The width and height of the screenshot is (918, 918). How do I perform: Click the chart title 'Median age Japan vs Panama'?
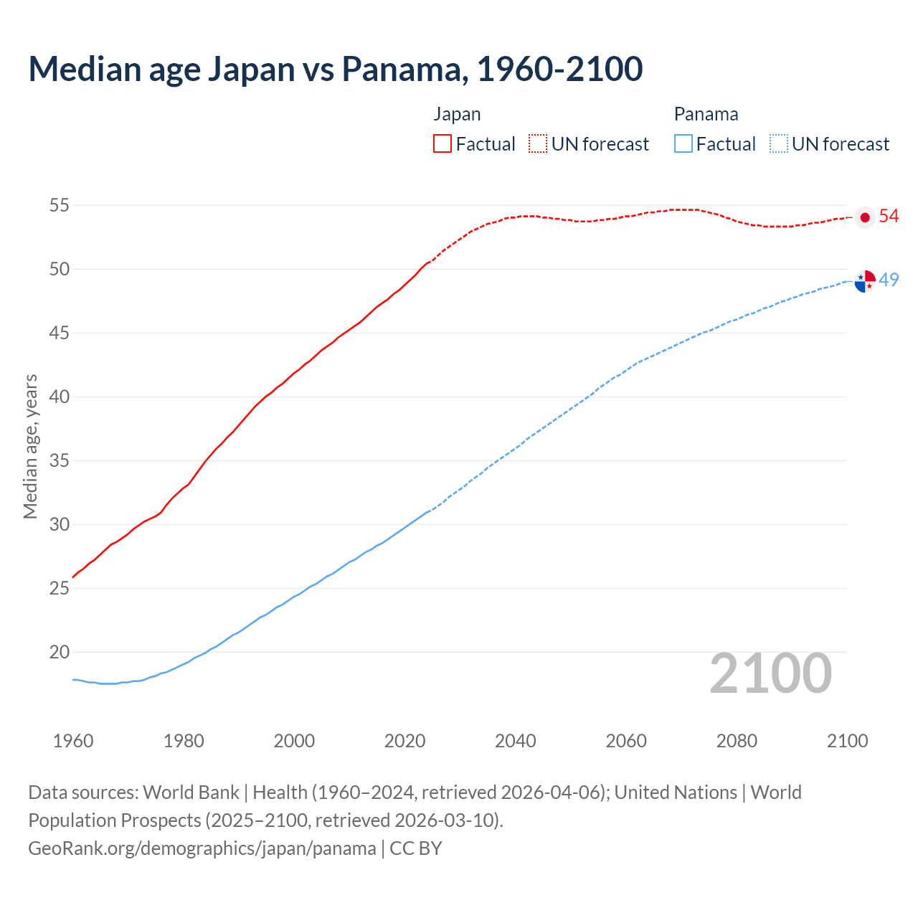(335, 69)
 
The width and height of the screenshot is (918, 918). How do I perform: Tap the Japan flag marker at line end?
(865, 217)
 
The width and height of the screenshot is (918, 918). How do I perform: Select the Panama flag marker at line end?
(865, 281)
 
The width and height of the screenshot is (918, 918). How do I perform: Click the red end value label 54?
(889, 216)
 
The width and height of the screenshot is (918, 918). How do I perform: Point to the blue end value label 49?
(889, 280)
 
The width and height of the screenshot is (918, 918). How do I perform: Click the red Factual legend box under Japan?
(443, 143)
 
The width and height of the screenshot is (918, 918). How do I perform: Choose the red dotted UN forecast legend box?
(538, 143)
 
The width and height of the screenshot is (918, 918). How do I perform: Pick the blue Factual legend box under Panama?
(683, 143)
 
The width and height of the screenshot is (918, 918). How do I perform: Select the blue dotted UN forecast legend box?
(779, 143)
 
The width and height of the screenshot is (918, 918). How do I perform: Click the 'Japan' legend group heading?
(457, 114)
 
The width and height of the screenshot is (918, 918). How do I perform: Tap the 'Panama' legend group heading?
(706, 114)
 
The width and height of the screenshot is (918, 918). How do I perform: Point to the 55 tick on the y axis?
(59, 205)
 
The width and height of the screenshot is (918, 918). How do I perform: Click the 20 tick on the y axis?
(59, 652)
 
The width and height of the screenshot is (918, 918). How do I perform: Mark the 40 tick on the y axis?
(59, 397)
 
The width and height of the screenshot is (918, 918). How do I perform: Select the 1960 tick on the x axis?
(73, 741)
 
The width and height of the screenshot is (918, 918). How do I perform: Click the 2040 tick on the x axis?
(516, 741)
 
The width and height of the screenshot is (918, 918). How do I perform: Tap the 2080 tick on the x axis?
(737, 741)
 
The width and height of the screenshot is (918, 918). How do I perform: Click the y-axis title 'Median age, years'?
(30, 446)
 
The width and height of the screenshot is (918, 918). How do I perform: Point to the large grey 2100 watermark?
(770, 673)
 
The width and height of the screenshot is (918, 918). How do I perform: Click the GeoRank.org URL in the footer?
(202, 848)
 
